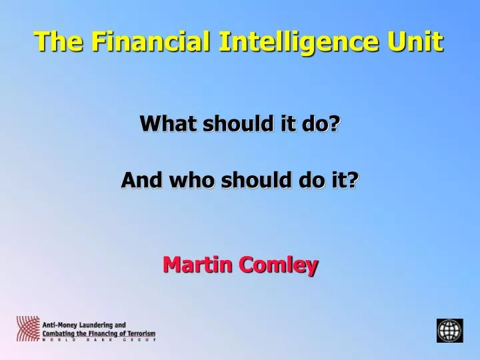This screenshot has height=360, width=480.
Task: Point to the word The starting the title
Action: (58, 41)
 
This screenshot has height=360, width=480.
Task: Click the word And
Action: (141, 180)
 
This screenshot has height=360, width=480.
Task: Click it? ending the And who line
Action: (345, 180)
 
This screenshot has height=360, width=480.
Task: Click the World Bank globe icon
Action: (449, 330)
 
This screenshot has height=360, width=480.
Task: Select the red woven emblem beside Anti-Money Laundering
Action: (27, 329)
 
